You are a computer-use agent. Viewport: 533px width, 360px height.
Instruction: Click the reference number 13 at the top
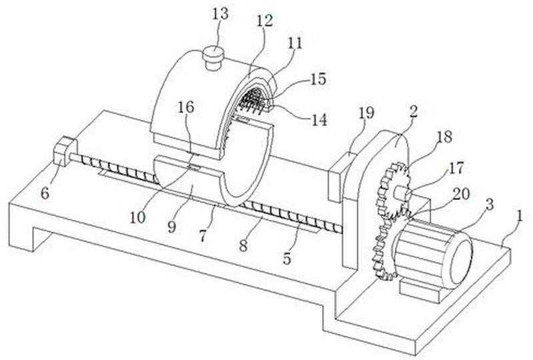(x=220, y=14)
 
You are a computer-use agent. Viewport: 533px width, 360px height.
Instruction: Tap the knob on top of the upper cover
(x=213, y=58)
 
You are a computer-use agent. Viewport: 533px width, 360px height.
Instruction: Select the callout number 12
(x=264, y=21)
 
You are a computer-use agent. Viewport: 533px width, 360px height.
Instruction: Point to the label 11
(x=294, y=43)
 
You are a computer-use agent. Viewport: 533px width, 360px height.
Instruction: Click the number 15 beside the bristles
(x=318, y=79)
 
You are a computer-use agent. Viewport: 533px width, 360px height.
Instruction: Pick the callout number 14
(x=319, y=119)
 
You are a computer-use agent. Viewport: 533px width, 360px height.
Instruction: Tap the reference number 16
(x=185, y=107)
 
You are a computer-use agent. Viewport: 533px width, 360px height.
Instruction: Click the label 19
(x=366, y=113)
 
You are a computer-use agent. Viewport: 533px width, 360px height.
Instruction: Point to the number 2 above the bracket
(x=413, y=112)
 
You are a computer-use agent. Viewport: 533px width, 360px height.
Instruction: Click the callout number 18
(x=444, y=137)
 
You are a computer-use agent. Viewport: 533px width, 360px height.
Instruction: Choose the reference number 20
(x=461, y=194)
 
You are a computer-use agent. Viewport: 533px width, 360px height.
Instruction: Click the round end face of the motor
(x=461, y=259)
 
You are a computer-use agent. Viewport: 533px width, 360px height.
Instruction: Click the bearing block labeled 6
(x=65, y=151)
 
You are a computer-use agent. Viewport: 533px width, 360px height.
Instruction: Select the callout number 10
(x=137, y=218)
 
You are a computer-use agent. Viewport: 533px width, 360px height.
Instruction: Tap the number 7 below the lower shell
(x=203, y=236)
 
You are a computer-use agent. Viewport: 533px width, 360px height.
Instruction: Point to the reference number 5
(x=287, y=259)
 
